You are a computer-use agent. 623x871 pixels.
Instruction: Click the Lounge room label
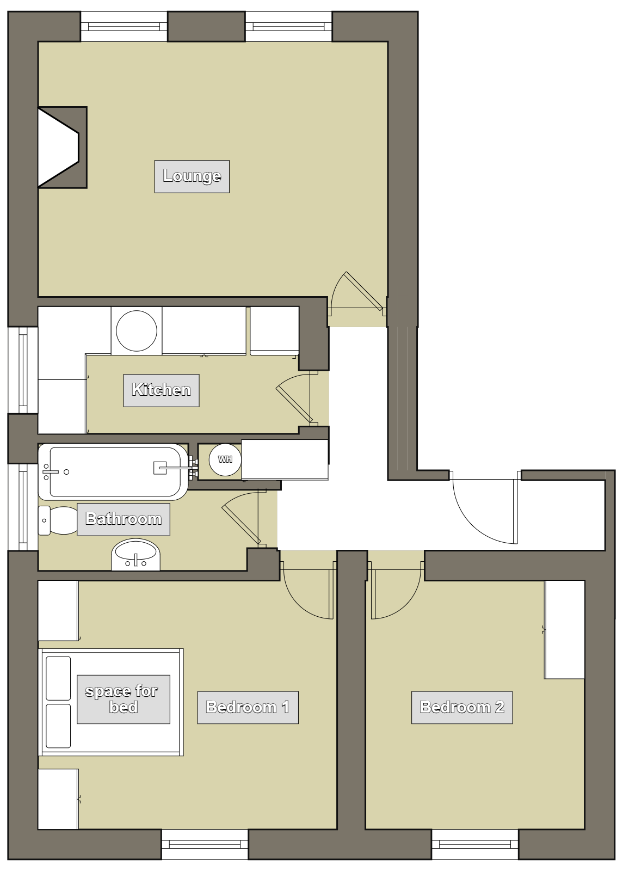point(192,176)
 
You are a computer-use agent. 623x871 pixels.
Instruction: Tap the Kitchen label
point(161,390)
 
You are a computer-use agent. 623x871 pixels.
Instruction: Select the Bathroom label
point(124,519)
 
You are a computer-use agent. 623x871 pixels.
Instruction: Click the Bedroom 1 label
point(248,707)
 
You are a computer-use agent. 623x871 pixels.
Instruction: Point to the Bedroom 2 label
point(462,707)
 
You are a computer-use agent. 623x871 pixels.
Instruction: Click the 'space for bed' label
point(124,700)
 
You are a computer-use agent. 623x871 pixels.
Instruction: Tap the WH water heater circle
point(225,459)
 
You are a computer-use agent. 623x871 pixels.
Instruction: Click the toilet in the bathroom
point(58,520)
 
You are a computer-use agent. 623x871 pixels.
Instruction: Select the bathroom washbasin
point(135,555)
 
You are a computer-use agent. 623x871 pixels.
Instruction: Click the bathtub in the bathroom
point(113,471)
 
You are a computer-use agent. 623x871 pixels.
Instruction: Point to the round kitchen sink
point(137,331)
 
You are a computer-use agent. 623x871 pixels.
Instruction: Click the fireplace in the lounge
point(62,148)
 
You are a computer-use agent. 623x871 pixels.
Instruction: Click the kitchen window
point(23,370)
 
